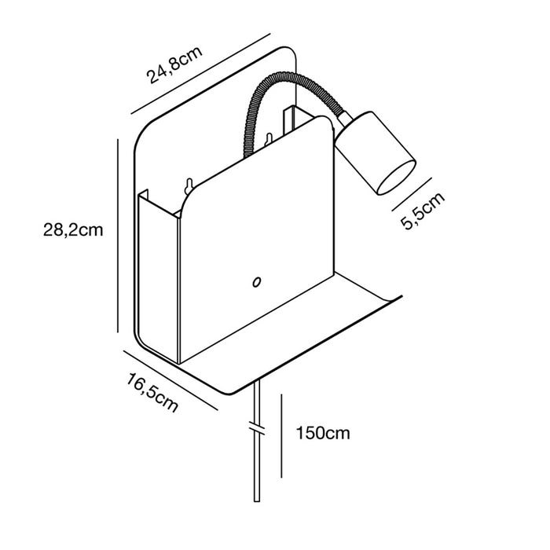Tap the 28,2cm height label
(x=73, y=230)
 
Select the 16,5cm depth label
(x=152, y=393)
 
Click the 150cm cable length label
(x=323, y=433)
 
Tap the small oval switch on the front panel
(x=257, y=281)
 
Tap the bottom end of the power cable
(x=257, y=501)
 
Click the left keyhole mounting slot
(x=189, y=186)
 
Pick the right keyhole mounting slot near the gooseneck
(x=269, y=140)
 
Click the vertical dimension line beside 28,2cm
(x=118, y=236)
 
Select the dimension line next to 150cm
(x=281, y=436)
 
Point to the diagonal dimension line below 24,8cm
(x=200, y=74)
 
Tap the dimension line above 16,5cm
(x=170, y=379)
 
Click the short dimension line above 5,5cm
(x=412, y=194)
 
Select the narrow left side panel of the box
(x=158, y=277)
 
